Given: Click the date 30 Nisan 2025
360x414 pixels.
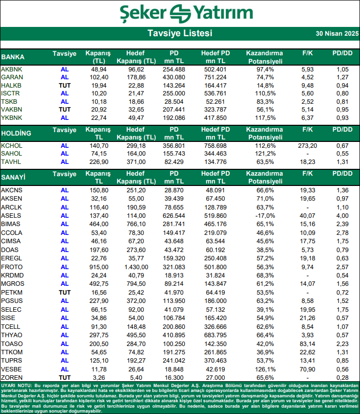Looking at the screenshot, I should click(336, 34).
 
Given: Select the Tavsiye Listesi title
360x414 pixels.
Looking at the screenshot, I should click(180, 33).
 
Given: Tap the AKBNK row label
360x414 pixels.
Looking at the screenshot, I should click(12, 69).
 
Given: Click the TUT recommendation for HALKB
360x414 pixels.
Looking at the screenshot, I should click(65, 85).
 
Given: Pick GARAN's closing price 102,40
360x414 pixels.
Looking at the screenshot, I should click(98, 77).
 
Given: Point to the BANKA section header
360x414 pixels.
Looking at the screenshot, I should click(13, 57).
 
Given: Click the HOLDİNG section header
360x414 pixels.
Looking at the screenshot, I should click(16, 133).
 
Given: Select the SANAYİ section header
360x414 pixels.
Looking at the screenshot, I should click(14, 174).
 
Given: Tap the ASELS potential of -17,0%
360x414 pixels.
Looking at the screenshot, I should click(264, 215).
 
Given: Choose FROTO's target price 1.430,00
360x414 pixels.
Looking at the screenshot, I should click(136, 267).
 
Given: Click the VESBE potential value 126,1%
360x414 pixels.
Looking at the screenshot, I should click(264, 369).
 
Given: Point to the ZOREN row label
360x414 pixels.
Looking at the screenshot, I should click(12, 378).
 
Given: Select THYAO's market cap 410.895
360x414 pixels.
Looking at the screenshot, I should click(174, 335).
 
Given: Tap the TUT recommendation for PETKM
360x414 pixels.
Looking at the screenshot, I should click(65, 292).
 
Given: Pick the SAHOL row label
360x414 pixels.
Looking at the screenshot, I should click(12, 154).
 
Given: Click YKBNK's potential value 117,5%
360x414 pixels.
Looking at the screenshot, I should click(264, 118).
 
